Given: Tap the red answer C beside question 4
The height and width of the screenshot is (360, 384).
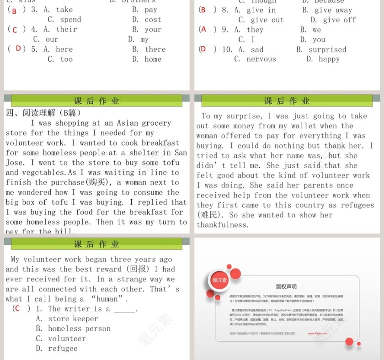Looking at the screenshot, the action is coord(15,30).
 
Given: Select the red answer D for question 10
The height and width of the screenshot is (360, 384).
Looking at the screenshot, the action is coord(203,49).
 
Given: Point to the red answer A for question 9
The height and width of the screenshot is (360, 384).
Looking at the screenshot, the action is coord(203,30).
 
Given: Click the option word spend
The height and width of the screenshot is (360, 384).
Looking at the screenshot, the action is coord(70,20).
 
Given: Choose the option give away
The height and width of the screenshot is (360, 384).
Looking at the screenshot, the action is coord(333,10).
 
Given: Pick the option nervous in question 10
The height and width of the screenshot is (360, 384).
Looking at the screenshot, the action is coord(261,59).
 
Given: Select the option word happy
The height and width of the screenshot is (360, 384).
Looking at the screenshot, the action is coord(329,59).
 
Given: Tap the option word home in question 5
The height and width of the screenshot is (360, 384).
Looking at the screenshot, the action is coord(153,59).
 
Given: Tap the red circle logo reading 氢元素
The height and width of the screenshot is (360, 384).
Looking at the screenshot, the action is coord(220,281).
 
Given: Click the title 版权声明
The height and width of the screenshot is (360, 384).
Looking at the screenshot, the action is coord(286,286).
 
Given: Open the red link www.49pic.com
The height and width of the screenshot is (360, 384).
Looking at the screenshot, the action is coord(319,334).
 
